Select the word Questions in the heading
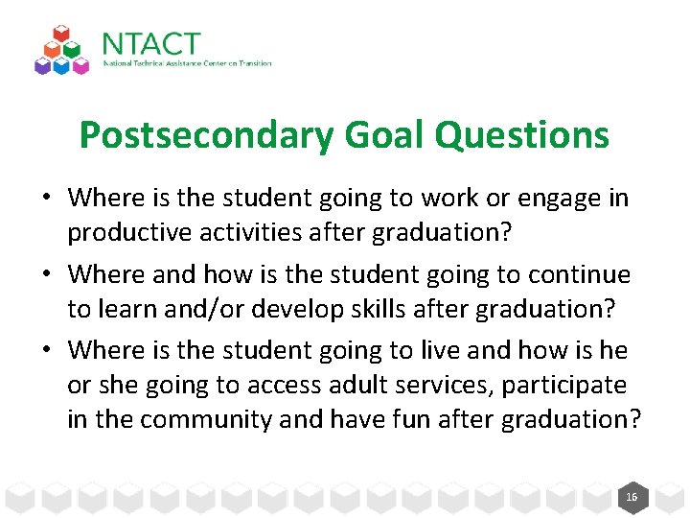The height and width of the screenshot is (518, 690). click(x=521, y=135)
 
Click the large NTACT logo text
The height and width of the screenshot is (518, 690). click(x=150, y=45)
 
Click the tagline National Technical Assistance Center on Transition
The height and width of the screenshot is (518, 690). click(x=187, y=64)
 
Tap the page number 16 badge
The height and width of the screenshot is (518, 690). click(x=631, y=497)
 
